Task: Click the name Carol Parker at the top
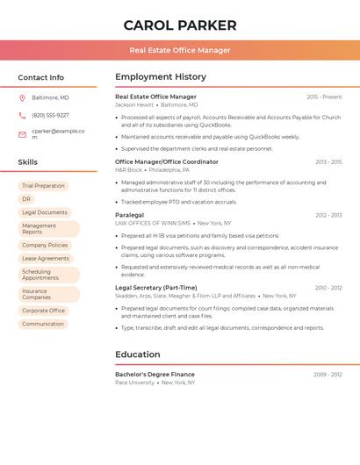tap(180, 25)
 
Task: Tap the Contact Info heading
tap(40, 77)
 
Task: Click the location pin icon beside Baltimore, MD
tap(22, 97)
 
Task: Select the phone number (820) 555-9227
tap(50, 115)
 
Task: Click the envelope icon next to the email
tap(22, 134)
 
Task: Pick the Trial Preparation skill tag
tap(43, 186)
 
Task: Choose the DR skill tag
tap(26, 199)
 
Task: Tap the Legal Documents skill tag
tap(45, 212)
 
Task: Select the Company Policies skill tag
tap(45, 246)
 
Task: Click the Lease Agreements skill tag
tap(46, 259)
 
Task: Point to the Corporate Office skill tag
tap(44, 311)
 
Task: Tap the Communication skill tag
tap(43, 324)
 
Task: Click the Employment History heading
tap(161, 77)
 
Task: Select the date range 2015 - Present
tap(324, 97)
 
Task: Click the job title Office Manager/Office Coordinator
tap(167, 161)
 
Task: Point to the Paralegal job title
tap(129, 215)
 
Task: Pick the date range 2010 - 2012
tap(328, 288)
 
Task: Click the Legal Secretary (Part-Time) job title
tap(156, 288)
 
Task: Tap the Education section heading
tap(138, 354)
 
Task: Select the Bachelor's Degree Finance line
tap(155, 375)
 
